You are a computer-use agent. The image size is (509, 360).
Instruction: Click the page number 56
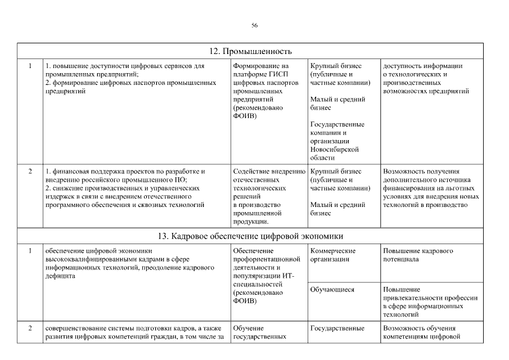tap(254, 26)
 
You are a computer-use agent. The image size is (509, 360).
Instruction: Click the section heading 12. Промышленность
tap(250, 51)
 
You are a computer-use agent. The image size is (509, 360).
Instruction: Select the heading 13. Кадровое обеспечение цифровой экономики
tap(250, 236)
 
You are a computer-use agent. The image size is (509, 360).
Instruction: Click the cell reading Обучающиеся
tap(332, 290)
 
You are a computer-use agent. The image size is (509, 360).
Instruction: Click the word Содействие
tap(250, 171)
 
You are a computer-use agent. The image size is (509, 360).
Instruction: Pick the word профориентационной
tap(268, 259)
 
